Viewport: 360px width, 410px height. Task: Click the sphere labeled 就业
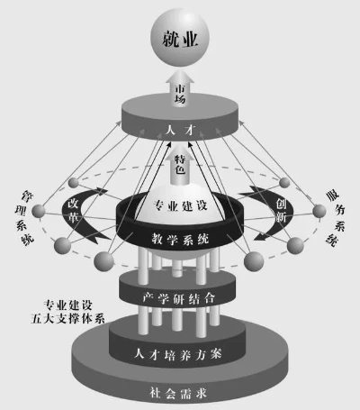(181, 40)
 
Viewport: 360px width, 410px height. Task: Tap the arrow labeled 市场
(181, 90)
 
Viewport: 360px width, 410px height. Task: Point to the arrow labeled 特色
(181, 168)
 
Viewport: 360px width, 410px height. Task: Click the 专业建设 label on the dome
(181, 205)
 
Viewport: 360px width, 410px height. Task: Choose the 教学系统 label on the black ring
(181, 240)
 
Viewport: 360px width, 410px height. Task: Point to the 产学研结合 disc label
(181, 297)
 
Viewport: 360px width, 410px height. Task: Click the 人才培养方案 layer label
(181, 352)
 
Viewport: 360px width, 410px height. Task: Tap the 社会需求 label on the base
(181, 392)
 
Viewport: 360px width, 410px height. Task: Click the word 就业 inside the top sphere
(181, 40)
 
